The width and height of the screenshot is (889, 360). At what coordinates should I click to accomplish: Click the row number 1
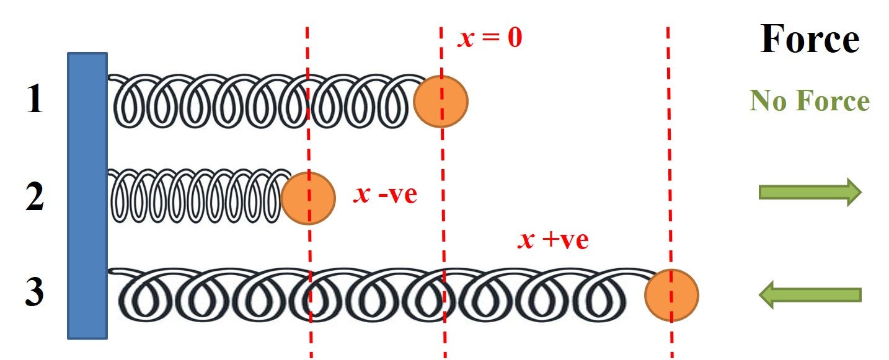(35, 100)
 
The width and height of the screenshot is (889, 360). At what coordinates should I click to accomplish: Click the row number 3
(35, 294)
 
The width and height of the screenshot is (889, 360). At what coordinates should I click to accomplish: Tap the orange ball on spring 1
(441, 102)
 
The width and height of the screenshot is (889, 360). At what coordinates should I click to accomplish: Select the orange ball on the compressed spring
(307, 198)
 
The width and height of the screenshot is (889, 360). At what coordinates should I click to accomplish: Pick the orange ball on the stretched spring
(671, 295)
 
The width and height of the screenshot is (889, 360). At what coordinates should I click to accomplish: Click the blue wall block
(87, 196)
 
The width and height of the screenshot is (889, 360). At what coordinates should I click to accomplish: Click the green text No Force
(810, 100)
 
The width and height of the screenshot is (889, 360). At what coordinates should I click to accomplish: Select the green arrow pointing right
(810, 193)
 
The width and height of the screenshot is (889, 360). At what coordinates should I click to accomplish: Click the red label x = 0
(490, 38)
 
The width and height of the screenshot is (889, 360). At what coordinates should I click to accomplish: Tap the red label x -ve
(385, 195)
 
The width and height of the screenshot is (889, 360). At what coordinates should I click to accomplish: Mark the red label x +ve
(553, 240)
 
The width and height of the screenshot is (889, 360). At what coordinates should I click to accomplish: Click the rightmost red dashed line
(669, 155)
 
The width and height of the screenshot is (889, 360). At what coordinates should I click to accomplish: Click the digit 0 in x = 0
(515, 39)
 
